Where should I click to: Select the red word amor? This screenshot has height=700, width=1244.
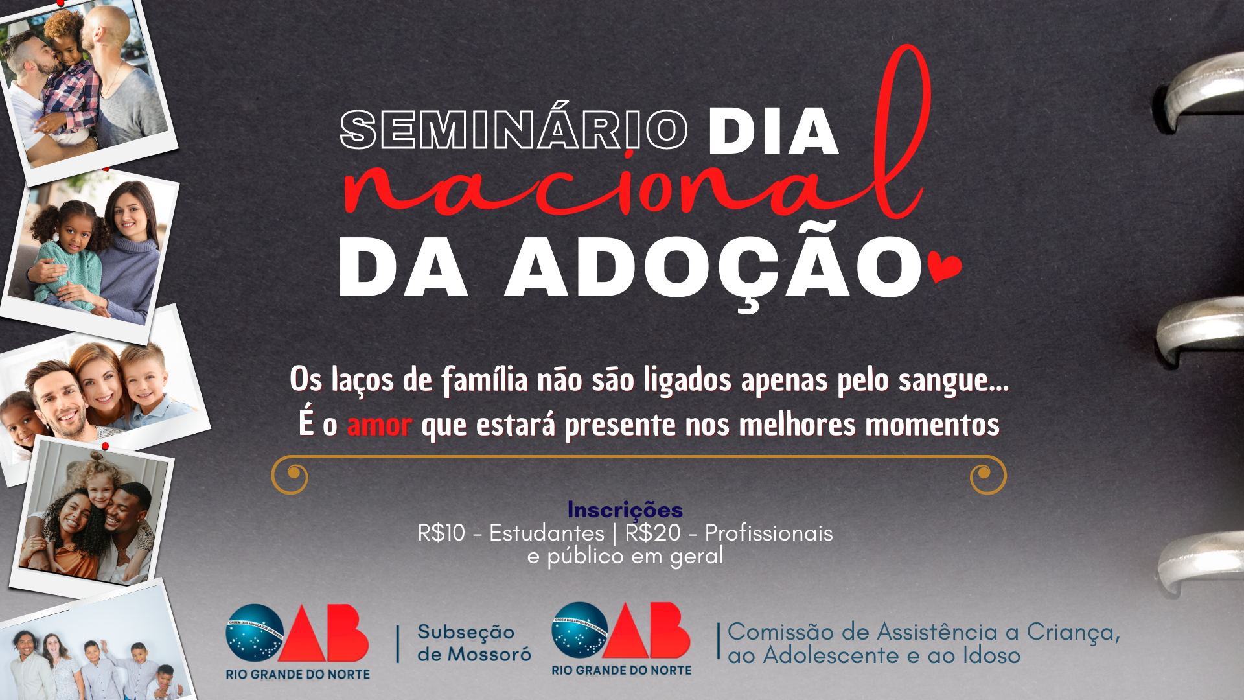(x=379, y=425)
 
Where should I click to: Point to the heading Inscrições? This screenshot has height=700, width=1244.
(x=625, y=509)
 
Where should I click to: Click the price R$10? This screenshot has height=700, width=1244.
(x=441, y=533)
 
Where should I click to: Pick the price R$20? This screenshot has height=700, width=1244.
(x=652, y=533)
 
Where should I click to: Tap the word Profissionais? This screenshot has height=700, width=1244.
(x=768, y=533)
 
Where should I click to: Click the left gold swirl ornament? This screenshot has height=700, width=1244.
(x=289, y=475)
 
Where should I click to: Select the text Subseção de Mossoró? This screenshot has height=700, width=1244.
(x=474, y=643)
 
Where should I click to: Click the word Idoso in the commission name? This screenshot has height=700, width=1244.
(x=992, y=655)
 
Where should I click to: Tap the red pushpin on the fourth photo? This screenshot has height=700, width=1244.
(x=105, y=447)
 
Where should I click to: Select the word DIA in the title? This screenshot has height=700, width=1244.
(x=774, y=132)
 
